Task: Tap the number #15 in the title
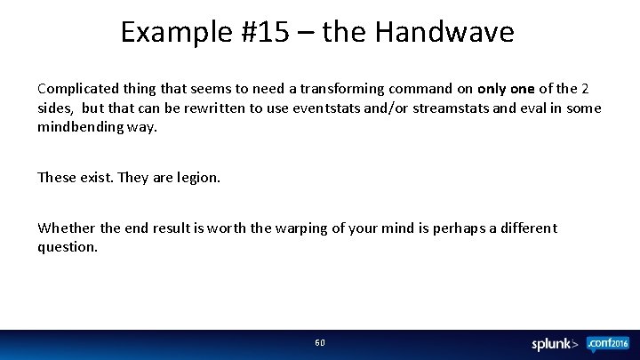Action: coord(264,32)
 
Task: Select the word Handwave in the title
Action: coord(444,32)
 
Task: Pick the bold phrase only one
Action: coord(506,89)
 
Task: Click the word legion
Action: coord(198,177)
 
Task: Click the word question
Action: coord(68,246)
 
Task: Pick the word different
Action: coord(525,228)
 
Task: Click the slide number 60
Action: coord(320,342)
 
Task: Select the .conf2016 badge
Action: coord(606,342)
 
